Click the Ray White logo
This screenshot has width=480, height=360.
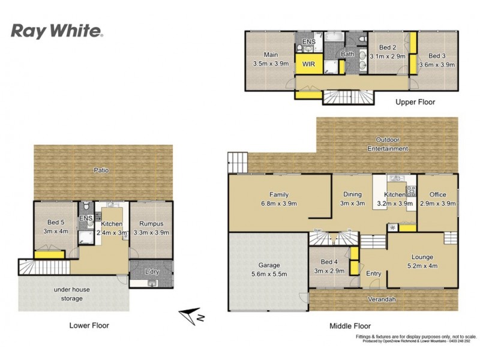[x=58, y=31]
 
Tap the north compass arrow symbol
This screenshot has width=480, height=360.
[x=193, y=314]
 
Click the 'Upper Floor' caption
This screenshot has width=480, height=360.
[x=415, y=102]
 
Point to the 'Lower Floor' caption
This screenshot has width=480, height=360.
[x=88, y=325]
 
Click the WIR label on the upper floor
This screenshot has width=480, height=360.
[x=309, y=64]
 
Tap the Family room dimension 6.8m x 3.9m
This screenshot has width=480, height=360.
[x=279, y=203]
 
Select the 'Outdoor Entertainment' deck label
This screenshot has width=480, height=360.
[x=388, y=144]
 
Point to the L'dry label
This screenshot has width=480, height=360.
[x=152, y=272]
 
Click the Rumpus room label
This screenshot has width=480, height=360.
[x=151, y=224]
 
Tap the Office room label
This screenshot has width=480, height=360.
[x=438, y=194]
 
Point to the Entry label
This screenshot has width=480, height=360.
[x=373, y=274]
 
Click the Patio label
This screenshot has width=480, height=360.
[x=101, y=170]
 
